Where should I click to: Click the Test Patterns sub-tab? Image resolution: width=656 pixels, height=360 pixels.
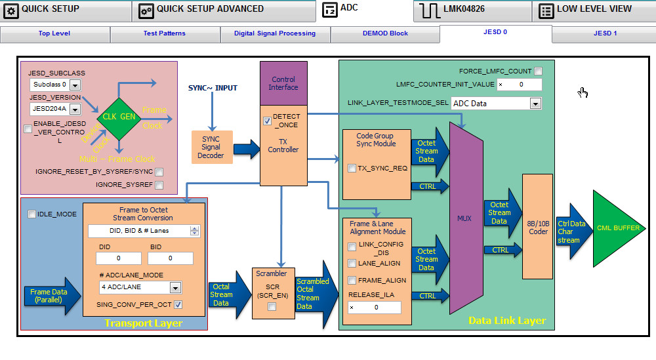[164, 33]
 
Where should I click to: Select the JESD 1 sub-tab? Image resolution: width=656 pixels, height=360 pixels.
[605, 33]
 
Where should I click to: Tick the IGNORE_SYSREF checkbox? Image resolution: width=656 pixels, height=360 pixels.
[159, 185]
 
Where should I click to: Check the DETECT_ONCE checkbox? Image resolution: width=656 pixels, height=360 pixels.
[267, 121]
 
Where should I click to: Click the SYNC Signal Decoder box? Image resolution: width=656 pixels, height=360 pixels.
[211, 148]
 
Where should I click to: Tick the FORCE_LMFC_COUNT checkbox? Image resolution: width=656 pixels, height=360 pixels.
[538, 71]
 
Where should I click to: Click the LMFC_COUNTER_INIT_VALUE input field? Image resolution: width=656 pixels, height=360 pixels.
[519, 85]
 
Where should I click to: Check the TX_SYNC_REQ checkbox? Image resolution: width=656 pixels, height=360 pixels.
[352, 169]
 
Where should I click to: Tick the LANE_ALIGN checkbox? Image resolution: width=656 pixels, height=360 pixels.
[352, 263]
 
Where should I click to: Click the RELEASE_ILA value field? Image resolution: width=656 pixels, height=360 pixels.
[375, 308]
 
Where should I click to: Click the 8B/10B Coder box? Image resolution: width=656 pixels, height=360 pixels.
[537, 227]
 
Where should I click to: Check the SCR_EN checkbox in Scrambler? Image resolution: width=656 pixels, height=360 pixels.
[272, 307]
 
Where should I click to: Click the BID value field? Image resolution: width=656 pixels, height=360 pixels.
[170, 258]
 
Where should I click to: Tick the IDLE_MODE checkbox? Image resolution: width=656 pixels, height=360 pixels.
[31, 214]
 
